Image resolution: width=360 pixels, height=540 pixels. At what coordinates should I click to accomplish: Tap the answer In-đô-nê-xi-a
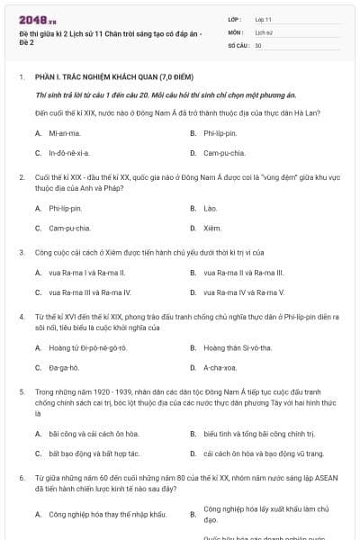[x=69, y=153]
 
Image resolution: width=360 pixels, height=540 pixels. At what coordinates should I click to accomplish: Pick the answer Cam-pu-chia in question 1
[x=221, y=153]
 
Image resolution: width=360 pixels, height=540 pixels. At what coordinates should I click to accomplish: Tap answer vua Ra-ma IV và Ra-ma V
[x=244, y=292]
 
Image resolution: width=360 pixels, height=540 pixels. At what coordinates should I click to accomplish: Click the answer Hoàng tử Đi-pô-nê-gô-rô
[x=88, y=347]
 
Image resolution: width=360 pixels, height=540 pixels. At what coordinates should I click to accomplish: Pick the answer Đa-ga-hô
[x=64, y=367]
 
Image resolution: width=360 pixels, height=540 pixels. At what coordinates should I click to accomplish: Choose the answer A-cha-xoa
[x=220, y=367]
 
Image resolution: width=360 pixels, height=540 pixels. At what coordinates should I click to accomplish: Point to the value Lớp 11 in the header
[x=263, y=19]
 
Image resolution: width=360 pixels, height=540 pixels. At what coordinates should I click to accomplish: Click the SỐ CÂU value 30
[x=258, y=44]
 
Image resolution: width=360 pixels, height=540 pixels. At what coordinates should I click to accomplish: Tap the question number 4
[x=21, y=318]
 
